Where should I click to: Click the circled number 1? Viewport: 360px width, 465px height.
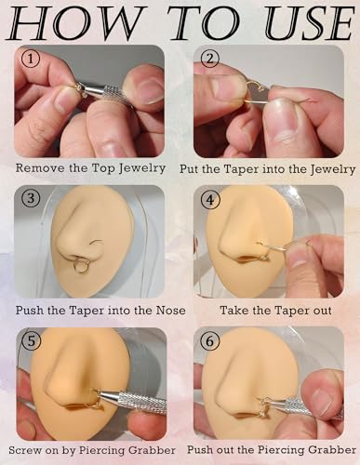coord(31,59)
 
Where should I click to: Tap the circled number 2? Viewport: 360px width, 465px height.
coord(210,59)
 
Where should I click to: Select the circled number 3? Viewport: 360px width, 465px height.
coord(30,199)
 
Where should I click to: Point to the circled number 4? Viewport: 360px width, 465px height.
coord(210,200)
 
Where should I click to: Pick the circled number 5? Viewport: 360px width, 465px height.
coord(30,341)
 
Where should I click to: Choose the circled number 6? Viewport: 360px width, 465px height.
coord(210,341)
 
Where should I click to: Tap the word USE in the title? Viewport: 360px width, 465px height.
coord(310,23)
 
